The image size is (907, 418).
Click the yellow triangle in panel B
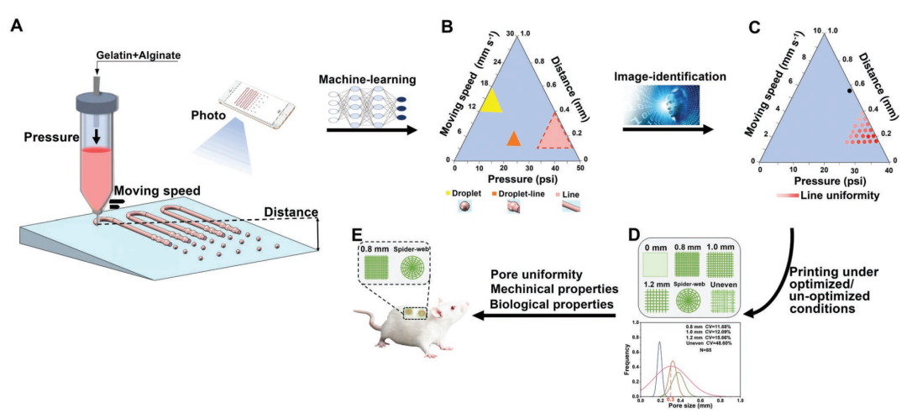[490, 100]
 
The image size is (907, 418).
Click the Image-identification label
[668, 76]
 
